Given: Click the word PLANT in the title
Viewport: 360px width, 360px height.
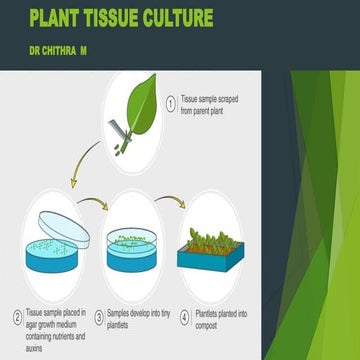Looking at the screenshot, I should tap(60, 16).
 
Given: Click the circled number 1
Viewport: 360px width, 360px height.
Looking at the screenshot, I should tap(171, 101).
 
